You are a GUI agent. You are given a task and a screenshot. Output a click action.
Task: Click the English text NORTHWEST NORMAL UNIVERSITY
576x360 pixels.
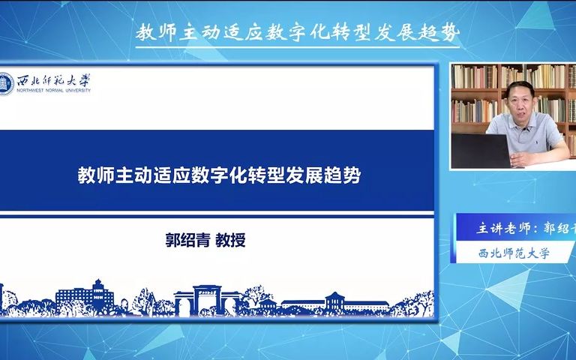click(x=54, y=89)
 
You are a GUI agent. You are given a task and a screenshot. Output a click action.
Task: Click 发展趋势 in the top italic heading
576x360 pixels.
click(x=424, y=33)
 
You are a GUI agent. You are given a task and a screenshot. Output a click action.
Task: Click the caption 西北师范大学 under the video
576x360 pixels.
click(x=514, y=253)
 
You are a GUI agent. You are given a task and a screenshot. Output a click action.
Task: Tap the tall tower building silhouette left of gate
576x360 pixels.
click(x=97, y=294)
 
